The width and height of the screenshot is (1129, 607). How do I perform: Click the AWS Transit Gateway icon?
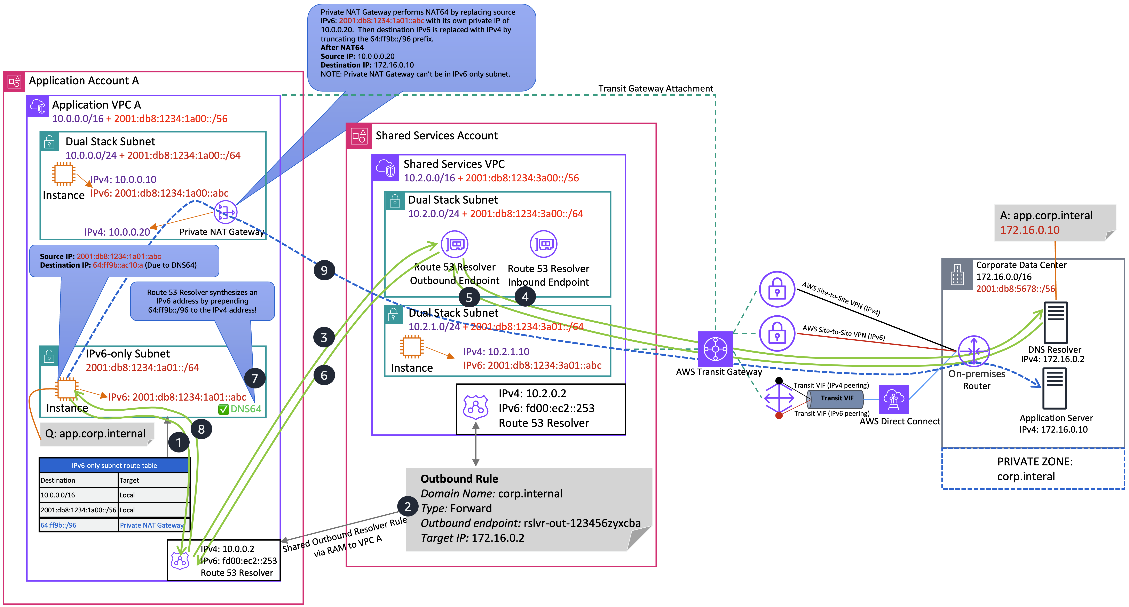click(715, 349)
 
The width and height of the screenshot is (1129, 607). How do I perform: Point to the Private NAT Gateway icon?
click(225, 213)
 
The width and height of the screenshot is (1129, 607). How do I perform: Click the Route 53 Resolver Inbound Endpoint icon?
click(543, 244)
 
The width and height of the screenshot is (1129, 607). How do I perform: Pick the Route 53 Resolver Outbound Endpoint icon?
click(455, 244)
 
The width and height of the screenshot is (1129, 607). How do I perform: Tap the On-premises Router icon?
click(973, 351)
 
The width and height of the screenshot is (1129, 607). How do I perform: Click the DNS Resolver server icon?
click(1056, 322)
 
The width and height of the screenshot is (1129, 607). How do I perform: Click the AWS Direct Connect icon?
click(894, 399)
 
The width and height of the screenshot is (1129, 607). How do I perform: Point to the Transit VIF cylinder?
click(836, 398)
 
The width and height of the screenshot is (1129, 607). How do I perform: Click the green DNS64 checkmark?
click(223, 409)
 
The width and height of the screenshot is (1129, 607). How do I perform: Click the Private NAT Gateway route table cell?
click(152, 525)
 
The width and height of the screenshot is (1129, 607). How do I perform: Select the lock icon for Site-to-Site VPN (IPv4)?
click(777, 290)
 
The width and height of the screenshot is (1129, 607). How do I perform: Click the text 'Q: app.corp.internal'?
click(96, 433)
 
